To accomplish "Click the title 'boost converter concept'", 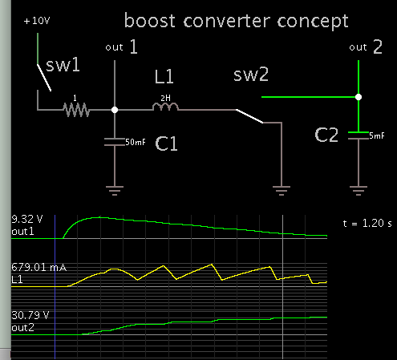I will point(237,19).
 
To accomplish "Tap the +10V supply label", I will point(37,22).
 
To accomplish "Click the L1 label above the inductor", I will point(164,79).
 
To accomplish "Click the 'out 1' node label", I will point(122,48).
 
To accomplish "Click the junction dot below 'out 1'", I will point(117,109).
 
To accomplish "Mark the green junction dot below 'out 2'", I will point(359,97).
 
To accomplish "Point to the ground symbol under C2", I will point(359,188).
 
